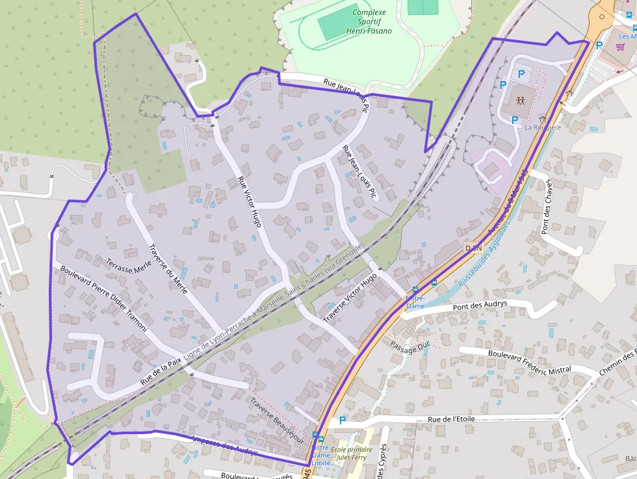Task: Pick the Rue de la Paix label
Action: pyautogui.click(x=161, y=370)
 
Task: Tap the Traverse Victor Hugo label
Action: pyautogui.click(x=350, y=298)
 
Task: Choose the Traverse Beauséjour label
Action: pyautogui.click(x=278, y=420)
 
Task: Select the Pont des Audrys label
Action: pyautogui.click(x=480, y=306)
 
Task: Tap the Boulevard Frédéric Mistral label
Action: pyautogui.click(x=529, y=361)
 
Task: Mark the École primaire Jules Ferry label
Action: pyautogui.click(x=352, y=453)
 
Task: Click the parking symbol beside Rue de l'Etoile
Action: pyautogui.click(x=343, y=421)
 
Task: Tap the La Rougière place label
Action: pyautogui.click(x=542, y=127)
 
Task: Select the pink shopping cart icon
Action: pyautogui.click(x=620, y=47)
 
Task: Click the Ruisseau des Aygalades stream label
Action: pyautogui.click(x=483, y=254)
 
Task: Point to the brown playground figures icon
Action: pyautogui.click(x=521, y=100)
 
